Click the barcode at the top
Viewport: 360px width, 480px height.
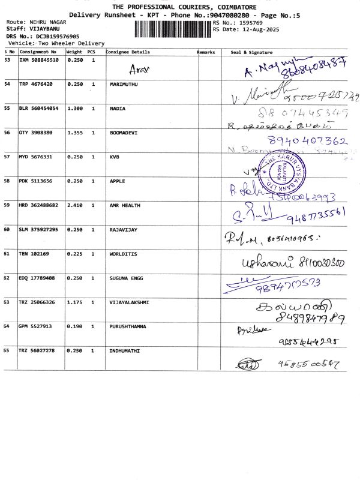[173, 28]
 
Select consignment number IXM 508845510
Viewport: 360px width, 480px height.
[39, 60]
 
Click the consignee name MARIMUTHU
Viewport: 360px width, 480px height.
[124, 85]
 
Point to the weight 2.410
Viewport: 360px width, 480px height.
[74, 205]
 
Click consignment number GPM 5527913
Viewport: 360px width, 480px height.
[37, 326]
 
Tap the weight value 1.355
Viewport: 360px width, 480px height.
[74, 133]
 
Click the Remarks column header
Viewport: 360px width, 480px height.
[206, 52]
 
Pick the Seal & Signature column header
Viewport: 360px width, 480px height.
[251, 52]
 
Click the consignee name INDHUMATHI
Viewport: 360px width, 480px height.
[124, 350]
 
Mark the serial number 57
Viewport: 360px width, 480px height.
[7, 157]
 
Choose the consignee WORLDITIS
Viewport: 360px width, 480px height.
[124, 254]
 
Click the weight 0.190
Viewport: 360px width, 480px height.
[74, 326]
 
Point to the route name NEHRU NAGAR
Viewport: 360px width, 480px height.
[48, 22]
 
